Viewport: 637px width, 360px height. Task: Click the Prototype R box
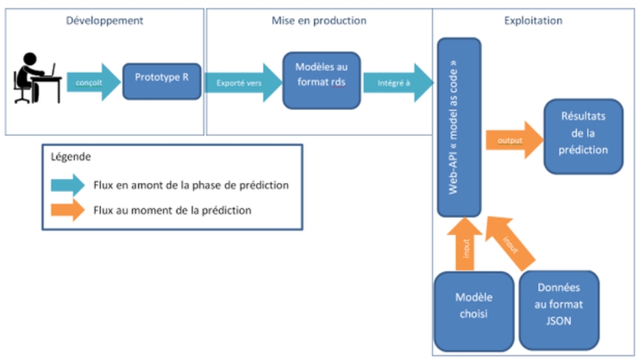(x=162, y=81)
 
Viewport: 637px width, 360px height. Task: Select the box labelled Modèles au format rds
(x=322, y=81)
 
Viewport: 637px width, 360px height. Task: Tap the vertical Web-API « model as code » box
(x=459, y=127)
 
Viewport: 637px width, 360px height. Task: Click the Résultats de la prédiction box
(x=583, y=137)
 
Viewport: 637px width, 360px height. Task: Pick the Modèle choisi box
(x=474, y=311)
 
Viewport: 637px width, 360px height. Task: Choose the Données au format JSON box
(x=558, y=310)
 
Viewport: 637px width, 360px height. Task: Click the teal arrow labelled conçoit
(x=94, y=82)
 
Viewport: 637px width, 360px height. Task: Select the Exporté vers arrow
(x=243, y=83)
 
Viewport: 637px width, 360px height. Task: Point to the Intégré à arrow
(x=398, y=83)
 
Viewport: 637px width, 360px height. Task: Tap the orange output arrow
(x=515, y=140)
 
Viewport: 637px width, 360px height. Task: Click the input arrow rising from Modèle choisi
(x=465, y=244)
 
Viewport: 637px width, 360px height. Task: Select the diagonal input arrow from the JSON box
(x=510, y=243)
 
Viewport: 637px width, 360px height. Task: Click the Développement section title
(x=104, y=20)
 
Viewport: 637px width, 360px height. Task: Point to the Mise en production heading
(x=319, y=20)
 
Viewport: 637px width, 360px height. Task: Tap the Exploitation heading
(x=533, y=20)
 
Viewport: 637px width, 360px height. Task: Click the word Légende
(x=71, y=157)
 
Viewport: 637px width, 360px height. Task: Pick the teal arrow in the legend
(x=68, y=185)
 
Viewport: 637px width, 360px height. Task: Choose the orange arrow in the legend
(x=68, y=210)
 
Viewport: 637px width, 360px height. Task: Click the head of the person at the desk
(x=30, y=59)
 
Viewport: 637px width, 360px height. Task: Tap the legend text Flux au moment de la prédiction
(x=172, y=210)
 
